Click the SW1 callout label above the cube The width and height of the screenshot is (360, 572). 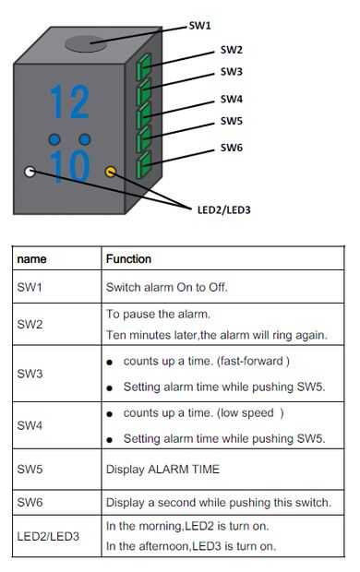click(200, 26)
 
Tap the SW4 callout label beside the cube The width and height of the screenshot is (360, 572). click(232, 99)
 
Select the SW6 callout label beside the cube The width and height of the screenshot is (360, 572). click(232, 148)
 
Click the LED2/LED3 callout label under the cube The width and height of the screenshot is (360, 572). click(223, 209)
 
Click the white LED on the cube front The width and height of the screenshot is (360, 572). click(30, 172)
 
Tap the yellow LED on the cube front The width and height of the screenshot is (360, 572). click(111, 172)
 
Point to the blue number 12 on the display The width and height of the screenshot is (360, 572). click(70, 101)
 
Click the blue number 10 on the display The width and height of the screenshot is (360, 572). click(70, 166)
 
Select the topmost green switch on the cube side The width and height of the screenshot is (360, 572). click(144, 66)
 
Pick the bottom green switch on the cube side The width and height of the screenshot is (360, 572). click(143, 164)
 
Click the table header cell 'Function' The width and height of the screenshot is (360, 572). click(128, 259)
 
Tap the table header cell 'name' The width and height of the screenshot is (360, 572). click(31, 259)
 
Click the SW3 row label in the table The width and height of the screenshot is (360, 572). click(30, 374)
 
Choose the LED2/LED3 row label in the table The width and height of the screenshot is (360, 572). click(48, 536)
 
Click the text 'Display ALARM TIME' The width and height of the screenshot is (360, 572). click(162, 469)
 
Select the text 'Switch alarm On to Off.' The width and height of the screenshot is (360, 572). click(167, 287)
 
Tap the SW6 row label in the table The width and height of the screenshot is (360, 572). click(30, 502)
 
